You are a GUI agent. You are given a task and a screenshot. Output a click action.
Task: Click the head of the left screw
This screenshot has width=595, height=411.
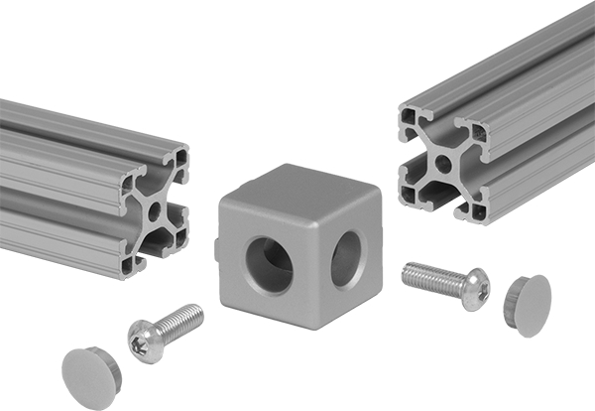[x=146, y=341]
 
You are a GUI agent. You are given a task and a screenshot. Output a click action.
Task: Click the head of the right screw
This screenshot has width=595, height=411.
[x=473, y=285]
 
